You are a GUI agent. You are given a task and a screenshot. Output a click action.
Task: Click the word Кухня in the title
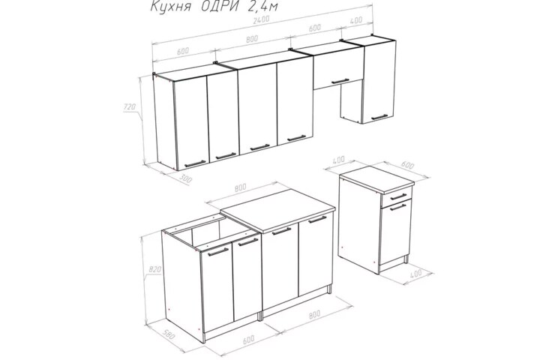[170, 6]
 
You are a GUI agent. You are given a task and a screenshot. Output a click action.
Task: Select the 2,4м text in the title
[262, 6]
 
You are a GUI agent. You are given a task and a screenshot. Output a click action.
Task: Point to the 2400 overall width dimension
[261, 20]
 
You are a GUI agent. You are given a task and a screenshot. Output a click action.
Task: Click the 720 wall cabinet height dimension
[129, 107]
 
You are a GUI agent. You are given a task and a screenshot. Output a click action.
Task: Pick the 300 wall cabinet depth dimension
[186, 179]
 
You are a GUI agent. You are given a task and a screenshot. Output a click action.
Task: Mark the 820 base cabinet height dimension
[154, 270]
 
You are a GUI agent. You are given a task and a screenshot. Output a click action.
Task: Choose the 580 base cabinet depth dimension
[169, 334]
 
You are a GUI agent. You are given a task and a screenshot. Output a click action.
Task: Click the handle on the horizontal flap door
[340, 81]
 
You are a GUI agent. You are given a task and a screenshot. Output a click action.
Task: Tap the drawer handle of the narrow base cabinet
[399, 196]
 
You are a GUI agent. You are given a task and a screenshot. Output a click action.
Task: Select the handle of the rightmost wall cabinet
[379, 118]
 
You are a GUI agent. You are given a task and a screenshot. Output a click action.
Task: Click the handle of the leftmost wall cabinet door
[195, 163]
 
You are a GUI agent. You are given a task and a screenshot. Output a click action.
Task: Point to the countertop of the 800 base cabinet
[278, 210]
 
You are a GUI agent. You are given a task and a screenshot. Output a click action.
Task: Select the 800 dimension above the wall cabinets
[252, 39]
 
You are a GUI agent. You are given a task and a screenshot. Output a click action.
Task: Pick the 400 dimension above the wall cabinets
[356, 20]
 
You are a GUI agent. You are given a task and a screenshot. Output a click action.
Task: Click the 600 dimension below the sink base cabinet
[249, 339]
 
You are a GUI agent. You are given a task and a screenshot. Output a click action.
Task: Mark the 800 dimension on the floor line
[314, 314]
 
